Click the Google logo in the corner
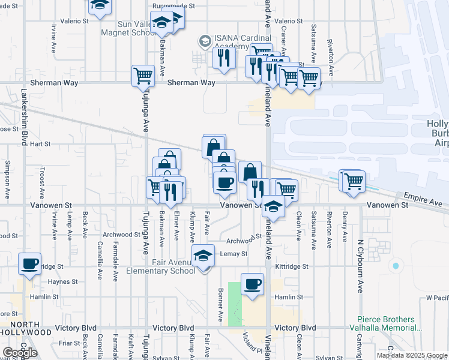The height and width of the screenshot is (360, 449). (x=20, y=353)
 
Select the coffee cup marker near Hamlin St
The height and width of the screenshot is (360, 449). (x=252, y=284)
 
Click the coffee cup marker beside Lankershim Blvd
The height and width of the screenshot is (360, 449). (x=29, y=264)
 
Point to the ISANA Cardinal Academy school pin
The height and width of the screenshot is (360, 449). (x=205, y=41)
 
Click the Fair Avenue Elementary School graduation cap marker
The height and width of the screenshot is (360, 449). (x=203, y=256)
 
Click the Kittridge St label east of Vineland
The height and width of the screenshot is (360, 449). (x=292, y=266)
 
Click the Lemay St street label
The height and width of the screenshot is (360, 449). (x=234, y=254)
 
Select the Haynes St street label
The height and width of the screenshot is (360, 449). (x=59, y=281)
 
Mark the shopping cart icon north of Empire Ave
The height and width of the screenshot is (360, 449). (x=353, y=179)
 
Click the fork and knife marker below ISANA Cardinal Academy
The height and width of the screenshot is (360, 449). (x=223, y=58)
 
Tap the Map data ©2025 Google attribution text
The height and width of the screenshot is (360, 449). (x=412, y=355)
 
